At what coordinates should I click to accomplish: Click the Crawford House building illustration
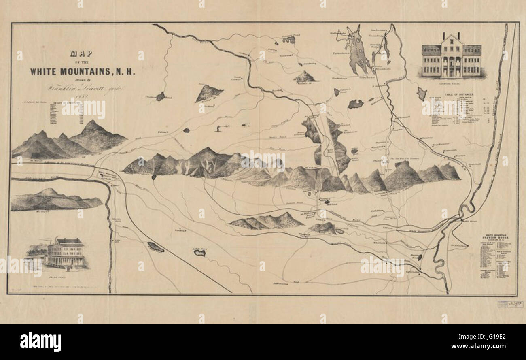click(452, 57)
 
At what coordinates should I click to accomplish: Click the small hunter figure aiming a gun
click(219, 128)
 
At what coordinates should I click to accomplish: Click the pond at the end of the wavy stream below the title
click(160, 96)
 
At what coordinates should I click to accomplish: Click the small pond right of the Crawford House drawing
click(422, 94)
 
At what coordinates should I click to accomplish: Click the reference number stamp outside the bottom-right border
click(507, 304)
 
